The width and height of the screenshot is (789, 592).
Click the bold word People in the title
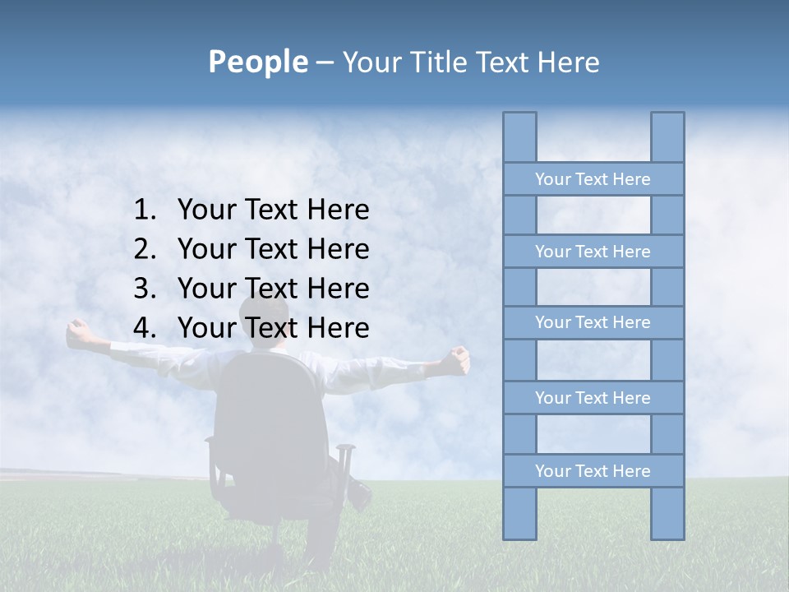point(257,62)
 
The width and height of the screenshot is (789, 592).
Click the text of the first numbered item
point(273,210)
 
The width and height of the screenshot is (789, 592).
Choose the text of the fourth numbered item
point(273,328)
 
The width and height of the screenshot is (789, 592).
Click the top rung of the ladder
point(593,179)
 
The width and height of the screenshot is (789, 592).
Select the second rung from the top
point(593,252)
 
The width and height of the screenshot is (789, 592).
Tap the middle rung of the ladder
point(593,322)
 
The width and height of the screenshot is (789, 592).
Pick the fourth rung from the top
point(593,398)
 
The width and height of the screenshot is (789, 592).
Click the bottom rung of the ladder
point(593,471)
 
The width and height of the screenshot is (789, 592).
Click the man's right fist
point(457,358)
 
